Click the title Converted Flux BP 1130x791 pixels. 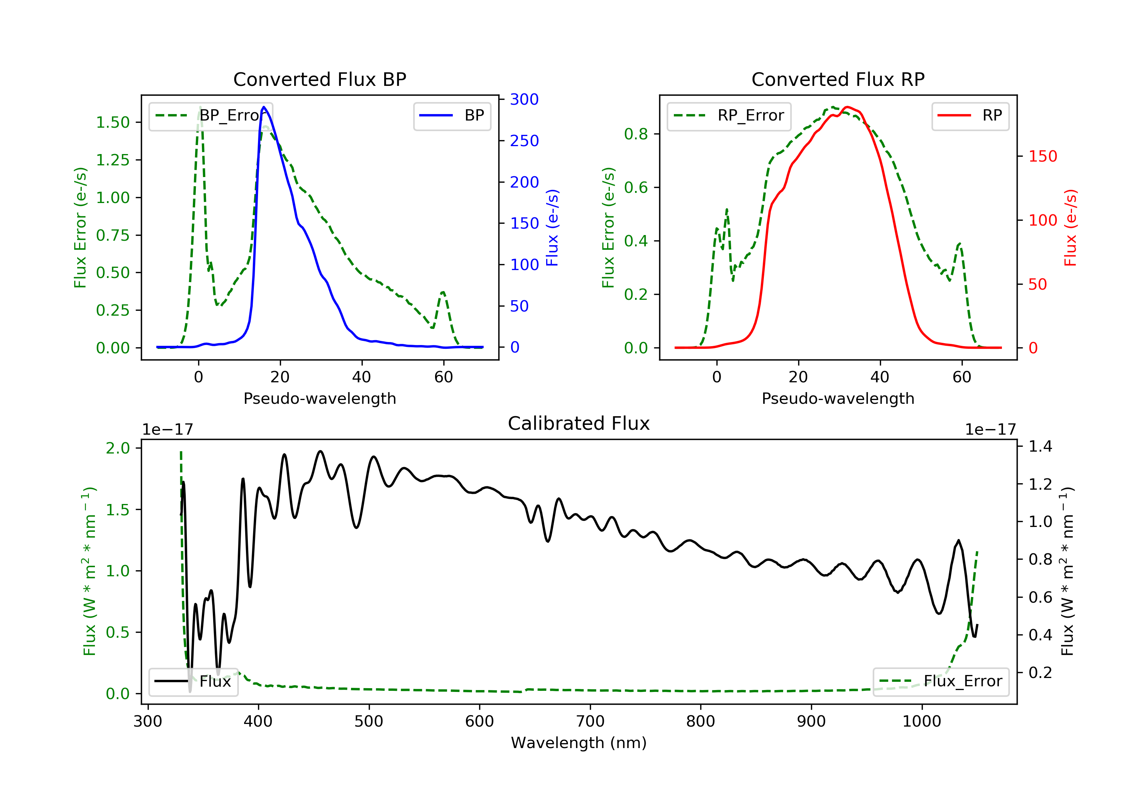click(x=319, y=79)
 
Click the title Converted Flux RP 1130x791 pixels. click(x=838, y=79)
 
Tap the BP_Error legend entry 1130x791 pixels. click(x=211, y=116)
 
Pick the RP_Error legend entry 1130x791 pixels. click(x=729, y=116)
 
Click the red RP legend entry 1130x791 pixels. click(x=970, y=116)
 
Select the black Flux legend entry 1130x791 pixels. click(x=194, y=681)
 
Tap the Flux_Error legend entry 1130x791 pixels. click(x=941, y=681)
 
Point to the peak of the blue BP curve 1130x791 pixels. click(x=264, y=107)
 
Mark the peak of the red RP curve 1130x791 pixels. click(x=846, y=107)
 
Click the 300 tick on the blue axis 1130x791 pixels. click(x=524, y=99)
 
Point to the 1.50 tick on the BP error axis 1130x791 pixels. click(x=113, y=122)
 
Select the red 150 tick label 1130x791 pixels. click(x=1043, y=157)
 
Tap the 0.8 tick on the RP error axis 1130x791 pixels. click(x=636, y=134)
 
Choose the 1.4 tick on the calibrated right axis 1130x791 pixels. click(x=1040, y=446)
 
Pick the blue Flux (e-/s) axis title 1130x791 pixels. click(x=552, y=228)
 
